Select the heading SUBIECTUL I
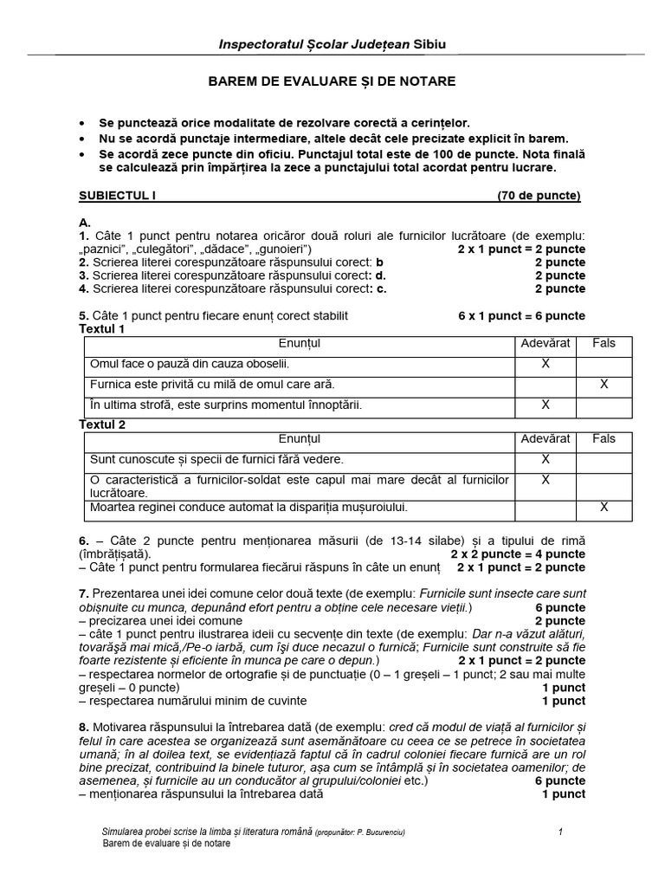[x=117, y=196]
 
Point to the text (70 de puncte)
[x=539, y=196]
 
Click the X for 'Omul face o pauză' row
[x=546, y=364]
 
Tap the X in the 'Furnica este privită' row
[x=604, y=384]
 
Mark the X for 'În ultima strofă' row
[x=546, y=404]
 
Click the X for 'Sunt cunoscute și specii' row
[x=546, y=459]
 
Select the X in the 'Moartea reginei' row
[x=604, y=507]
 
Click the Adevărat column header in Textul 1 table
[x=546, y=343]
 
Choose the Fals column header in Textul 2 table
[x=604, y=439]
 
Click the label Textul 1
[x=102, y=329]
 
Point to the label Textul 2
[x=102, y=424]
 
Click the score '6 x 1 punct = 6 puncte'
[x=521, y=315]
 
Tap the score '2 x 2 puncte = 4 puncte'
[x=518, y=554]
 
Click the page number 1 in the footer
[x=561, y=832]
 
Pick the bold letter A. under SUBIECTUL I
[x=85, y=223]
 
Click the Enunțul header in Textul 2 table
[x=300, y=439]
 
